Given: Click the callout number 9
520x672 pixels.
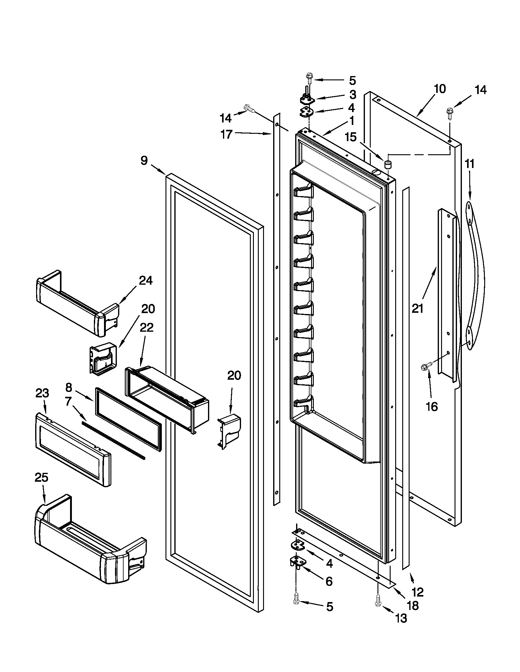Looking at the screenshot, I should pos(144,161).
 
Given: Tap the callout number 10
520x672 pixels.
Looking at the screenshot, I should pos(440,89).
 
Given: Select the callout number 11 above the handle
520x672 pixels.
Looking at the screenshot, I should pos(470,165).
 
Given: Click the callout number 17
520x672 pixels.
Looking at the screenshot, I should pos(227,134).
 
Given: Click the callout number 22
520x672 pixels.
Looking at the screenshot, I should pos(146,328).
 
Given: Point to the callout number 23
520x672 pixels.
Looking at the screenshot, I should pos(43,393).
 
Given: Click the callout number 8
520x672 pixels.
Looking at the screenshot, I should pos(69,388).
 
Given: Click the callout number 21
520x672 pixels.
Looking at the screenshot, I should pos(418,308).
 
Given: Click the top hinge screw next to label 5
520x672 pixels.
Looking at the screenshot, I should pos(309,77).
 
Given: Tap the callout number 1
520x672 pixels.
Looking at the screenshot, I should pos(351,121).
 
